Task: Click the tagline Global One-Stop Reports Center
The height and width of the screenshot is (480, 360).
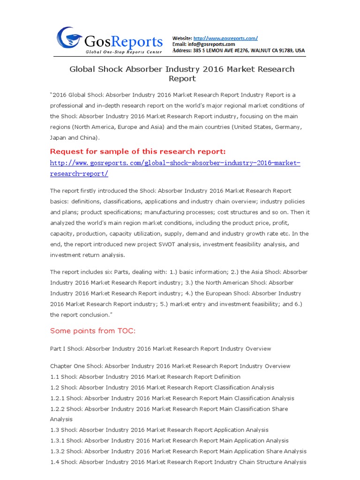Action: click(x=124, y=52)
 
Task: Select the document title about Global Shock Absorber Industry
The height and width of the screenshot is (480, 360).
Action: click(x=182, y=74)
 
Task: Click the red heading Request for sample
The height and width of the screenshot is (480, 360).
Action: click(x=138, y=151)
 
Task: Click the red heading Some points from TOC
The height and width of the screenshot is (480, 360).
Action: click(x=93, y=331)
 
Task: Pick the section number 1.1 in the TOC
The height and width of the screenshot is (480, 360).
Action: click(x=54, y=377)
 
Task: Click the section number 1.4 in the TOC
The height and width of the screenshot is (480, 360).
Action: click(x=54, y=462)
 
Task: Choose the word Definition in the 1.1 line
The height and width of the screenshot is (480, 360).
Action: click(x=227, y=377)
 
